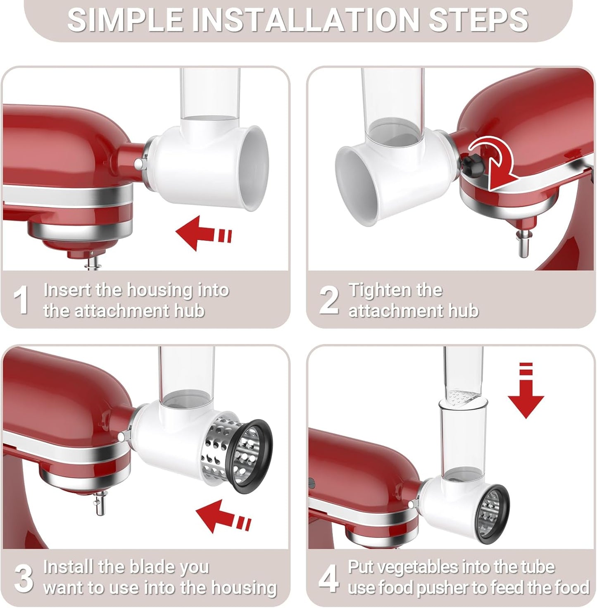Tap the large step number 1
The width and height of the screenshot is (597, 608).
pos(21,300)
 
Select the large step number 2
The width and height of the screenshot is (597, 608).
pos(329,300)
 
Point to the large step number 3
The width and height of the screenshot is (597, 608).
pos(23,578)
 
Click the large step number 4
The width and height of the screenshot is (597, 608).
pos(328,578)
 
